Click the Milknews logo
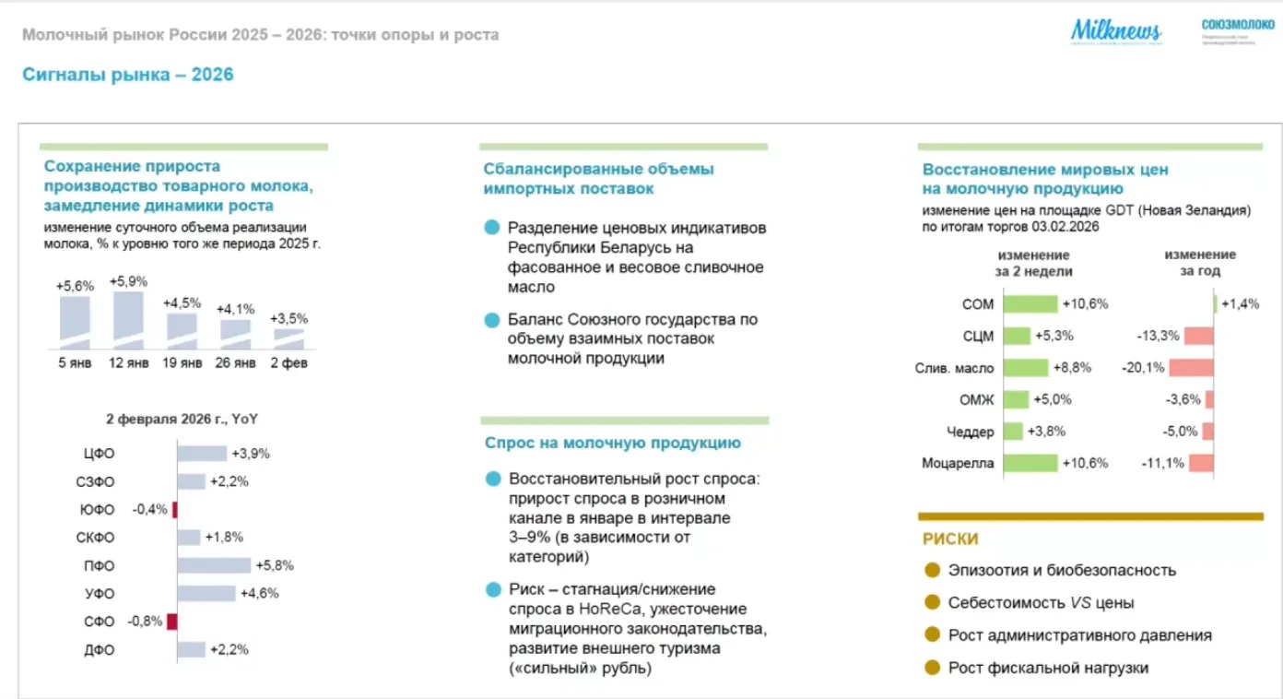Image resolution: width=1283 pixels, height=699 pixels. coord(1115,31)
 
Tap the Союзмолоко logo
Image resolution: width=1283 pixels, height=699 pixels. coord(1238,27)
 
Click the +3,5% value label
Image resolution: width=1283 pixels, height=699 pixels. coord(289,318)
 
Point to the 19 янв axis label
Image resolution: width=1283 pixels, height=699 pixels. coord(182,362)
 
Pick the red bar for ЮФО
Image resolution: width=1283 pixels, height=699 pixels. coord(174,510)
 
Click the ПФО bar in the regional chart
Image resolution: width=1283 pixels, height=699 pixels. coord(214,565)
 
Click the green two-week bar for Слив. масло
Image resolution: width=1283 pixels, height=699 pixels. coord(1026,367)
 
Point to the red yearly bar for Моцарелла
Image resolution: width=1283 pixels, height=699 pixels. coord(1201,463)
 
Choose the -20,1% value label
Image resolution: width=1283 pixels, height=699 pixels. coord(1140,367)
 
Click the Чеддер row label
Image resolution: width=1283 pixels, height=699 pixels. coord(971,432)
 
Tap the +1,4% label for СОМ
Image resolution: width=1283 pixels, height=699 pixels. coord(1240,304)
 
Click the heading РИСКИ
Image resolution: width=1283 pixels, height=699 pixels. coord(950,539)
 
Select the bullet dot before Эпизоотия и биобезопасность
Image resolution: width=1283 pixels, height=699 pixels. coord(932,570)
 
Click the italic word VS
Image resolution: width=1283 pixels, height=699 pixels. coord(1080,603)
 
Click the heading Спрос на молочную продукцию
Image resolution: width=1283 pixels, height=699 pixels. coord(613,443)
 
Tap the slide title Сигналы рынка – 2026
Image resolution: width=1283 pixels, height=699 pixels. coord(128,75)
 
